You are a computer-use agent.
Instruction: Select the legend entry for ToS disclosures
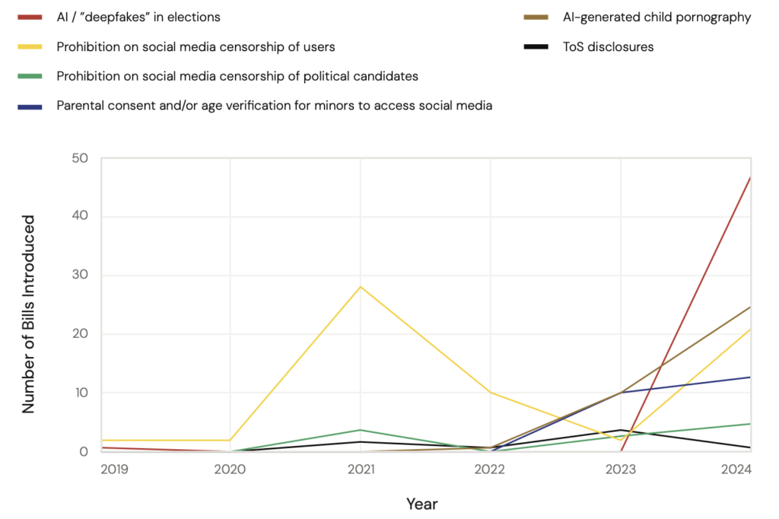click(x=608, y=47)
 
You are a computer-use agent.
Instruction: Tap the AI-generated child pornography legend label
click(x=657, y=18)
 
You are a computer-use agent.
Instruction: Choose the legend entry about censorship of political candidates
click(x=237, y=76)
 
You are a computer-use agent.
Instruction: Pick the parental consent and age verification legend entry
click(x=274, y=106)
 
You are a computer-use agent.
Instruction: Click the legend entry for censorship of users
click(x=196, y=47)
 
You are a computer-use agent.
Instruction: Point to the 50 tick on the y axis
click(x=81, y=158)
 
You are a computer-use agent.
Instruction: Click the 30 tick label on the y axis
click(x=81, y=275)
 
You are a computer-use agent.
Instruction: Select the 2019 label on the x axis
click(x=115, y=470)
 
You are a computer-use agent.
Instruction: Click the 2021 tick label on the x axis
click(x=361, y=470)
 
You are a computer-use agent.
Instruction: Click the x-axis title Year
click(x=421, y=504)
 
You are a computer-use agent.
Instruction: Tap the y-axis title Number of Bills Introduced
click(x=29, y=314)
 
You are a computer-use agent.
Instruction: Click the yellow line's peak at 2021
click(x=361, y=287)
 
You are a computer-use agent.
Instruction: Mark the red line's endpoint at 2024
click(x=751, y=177)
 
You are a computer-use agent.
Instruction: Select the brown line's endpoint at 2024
click(x=751, y=307)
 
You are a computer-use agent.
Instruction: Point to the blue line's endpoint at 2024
click(x=751, y=377)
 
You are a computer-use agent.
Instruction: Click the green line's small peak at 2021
click(x=361, y=430)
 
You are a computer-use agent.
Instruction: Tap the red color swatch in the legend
click(x=32, y=18)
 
